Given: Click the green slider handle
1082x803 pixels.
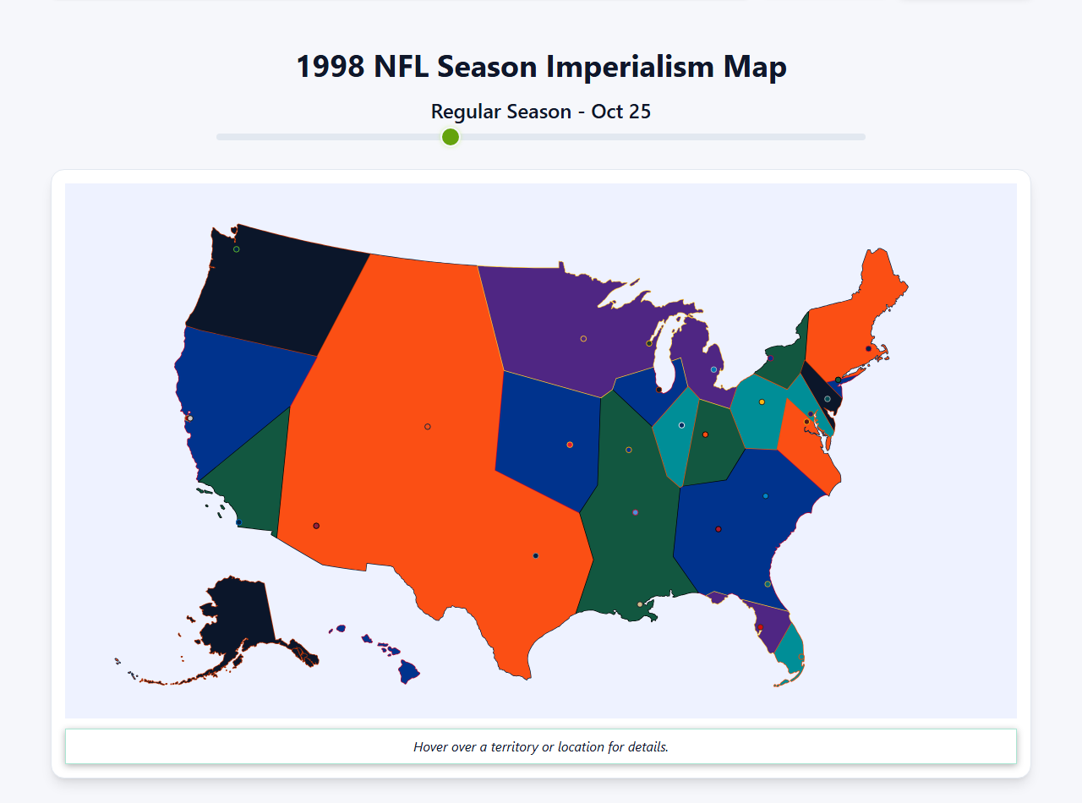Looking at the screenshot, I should (x=451, y=137).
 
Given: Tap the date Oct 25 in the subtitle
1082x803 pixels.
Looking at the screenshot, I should (x=620, y=112).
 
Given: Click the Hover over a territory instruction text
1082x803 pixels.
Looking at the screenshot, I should (x=541, y=747).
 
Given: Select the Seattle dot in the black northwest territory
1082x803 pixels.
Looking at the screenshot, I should (x=237, y=249).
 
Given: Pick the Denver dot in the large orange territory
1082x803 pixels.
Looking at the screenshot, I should (x=428, y=427).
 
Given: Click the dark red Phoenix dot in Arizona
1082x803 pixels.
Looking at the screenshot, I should (x=316, y=526).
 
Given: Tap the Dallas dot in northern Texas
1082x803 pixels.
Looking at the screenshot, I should (x=536, y=556).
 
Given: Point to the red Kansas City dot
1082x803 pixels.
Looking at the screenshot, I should (x=570, y=445).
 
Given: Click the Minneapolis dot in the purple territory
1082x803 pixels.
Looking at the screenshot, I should (x=583, y=339).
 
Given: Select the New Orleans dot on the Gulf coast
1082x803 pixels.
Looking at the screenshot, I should (x=640, y=604).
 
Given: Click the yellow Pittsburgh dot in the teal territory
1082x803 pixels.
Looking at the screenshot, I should (x=762, y=402).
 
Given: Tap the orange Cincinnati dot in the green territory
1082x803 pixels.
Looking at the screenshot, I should (x=705, y=434).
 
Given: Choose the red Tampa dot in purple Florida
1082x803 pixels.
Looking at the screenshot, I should (x=760, y=627).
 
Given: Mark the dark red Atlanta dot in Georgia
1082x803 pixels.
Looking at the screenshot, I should (x=719, y=529).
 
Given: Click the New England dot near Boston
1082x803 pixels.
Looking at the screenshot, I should (x=868, y=348).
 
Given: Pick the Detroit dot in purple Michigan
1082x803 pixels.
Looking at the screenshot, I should (x=714, y=369).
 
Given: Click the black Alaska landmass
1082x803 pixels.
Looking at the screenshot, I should (x=237, y=617).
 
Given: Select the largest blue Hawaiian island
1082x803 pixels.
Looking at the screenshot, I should (x=409, y=672).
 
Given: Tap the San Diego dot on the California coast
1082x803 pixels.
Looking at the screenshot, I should (x=238, y=522).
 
